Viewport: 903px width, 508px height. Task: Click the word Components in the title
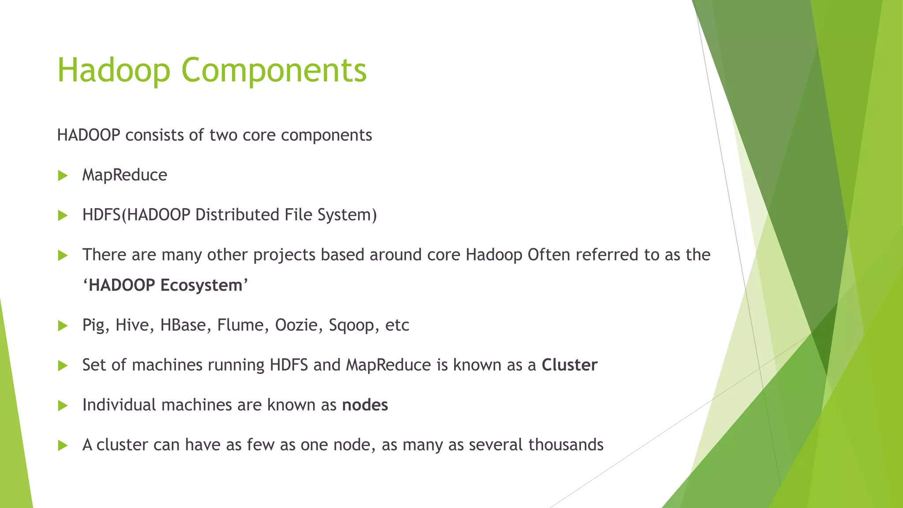tap(274, 71)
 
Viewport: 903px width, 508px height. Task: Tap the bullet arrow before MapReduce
tap(63, 176)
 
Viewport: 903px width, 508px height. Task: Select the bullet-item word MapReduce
tap(125, 176)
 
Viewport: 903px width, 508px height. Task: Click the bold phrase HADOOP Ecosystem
tap(165, 285)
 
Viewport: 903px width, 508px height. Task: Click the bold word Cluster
tap(569, 365)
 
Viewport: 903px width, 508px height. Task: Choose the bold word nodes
tap(365, 405)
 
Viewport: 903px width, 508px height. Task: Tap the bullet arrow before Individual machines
tap(63, 406)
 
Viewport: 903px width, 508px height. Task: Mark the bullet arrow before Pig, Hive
tap(63, 326)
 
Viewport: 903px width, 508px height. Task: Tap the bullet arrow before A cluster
tap(63, 445)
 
